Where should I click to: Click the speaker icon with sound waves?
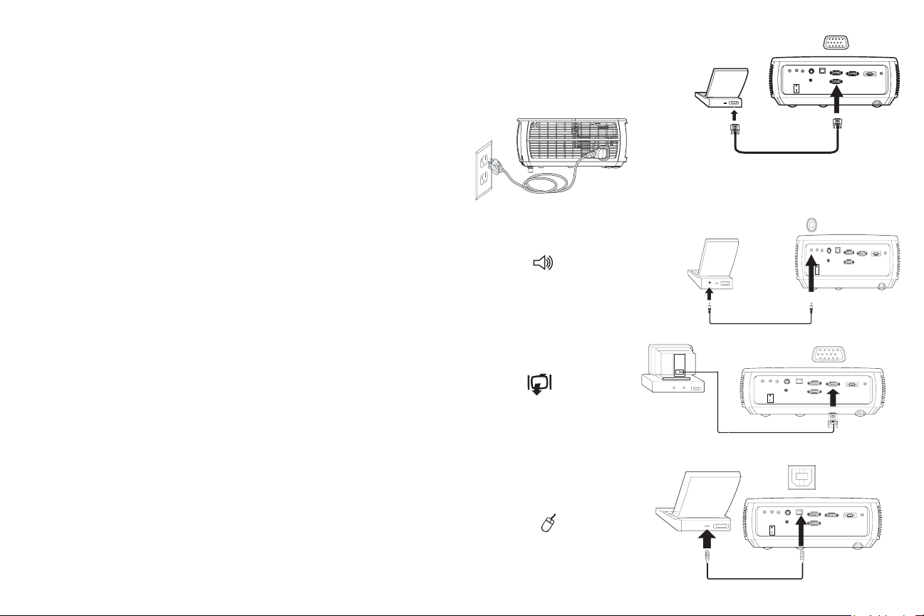pyautogui.click(x=544, y=263)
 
